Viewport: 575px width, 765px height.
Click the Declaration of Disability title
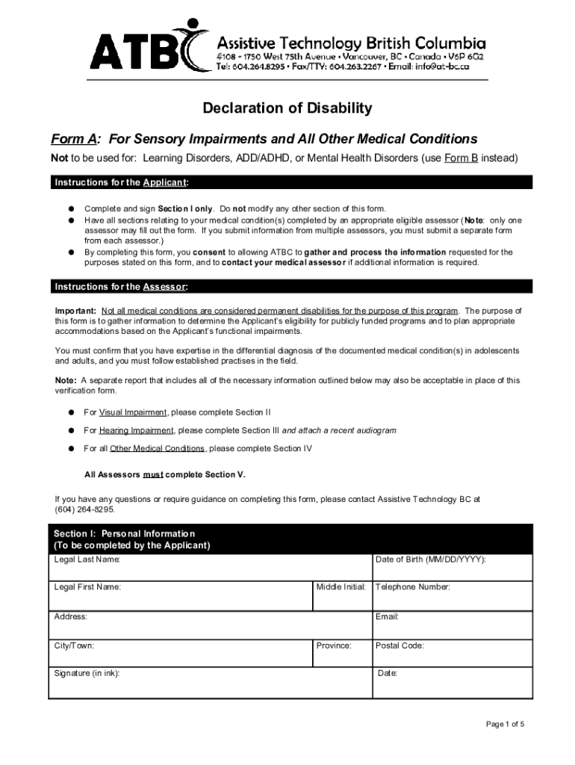[x=287, y=108]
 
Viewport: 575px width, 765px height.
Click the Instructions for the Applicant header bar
[x=291, y=183]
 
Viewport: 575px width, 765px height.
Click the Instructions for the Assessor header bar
[x=291, y=287]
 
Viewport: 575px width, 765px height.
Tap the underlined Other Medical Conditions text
[x=157, y=448]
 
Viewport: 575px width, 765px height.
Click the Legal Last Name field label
[x=87, y=560]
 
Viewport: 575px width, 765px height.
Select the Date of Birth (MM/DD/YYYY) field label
[x=430, y=560]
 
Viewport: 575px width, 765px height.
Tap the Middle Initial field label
[x=341, y=587]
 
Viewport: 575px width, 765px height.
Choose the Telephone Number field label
[x=412, y=587]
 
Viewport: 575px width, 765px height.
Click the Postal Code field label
[x=400, y=645]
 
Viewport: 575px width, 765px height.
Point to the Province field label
[x=333, y=645]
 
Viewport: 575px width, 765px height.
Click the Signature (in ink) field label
[x=87, y=673]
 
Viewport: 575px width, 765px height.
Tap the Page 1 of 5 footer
[x=505, y=725]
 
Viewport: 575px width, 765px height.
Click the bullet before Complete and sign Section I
[x=69, y=209]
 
